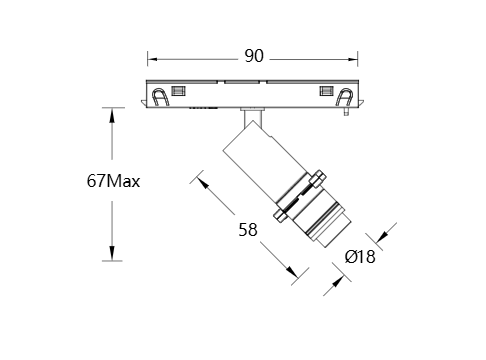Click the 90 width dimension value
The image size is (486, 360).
[254, 56]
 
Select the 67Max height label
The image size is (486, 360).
[113, 181]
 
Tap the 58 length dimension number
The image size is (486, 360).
[248, 230]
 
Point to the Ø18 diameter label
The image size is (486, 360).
[360, 257]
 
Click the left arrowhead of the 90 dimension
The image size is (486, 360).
[152, 59]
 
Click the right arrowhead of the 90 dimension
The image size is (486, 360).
[353, 59]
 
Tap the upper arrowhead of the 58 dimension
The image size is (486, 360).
[202, 182]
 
